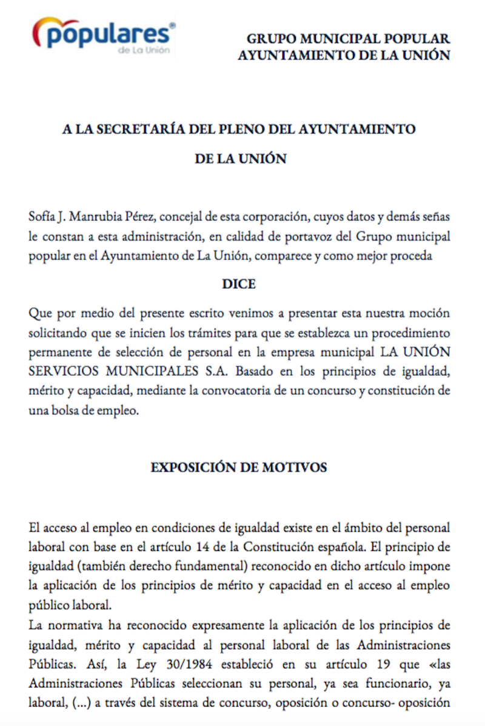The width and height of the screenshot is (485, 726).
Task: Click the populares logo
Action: [104, 35]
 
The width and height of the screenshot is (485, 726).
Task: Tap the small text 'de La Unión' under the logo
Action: [144, 50]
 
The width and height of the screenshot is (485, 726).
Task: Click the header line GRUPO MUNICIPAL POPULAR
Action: [348, 39]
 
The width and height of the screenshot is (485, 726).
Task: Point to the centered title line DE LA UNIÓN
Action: [240, 159]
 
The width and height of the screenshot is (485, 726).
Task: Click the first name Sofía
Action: [42, 216]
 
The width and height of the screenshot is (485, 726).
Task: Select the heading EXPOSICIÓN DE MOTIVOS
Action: [239, 467]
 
